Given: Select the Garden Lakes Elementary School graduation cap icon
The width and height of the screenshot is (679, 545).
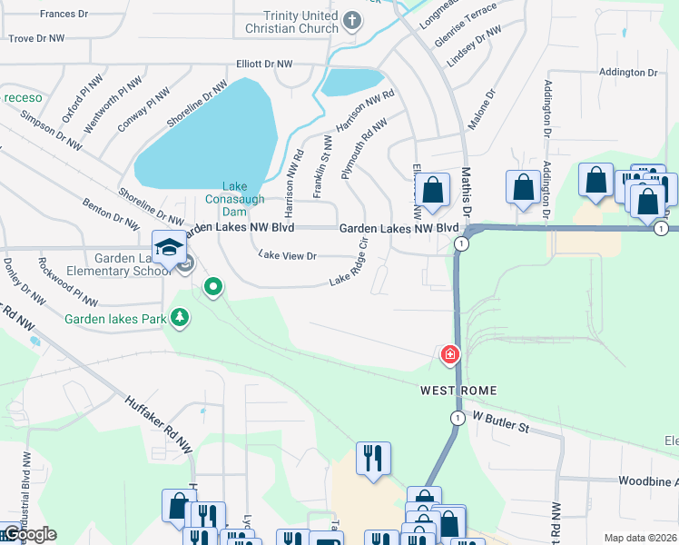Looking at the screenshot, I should (x=169, y=246).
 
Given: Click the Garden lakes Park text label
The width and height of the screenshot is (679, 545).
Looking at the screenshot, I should (x=115, y=320).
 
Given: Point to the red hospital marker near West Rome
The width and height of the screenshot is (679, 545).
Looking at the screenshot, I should (x=449, y=354).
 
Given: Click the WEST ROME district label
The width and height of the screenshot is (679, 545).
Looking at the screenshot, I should (x=458, y=391).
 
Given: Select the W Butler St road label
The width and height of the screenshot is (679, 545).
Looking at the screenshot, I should (x=498, y=425).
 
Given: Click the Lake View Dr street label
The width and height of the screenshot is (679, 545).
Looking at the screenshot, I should (x=287, y=256).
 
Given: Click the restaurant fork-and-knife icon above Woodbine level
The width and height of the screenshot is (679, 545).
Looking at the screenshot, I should (x=374, y=458).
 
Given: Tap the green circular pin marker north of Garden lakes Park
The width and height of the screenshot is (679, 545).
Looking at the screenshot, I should (x=213, y=287).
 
